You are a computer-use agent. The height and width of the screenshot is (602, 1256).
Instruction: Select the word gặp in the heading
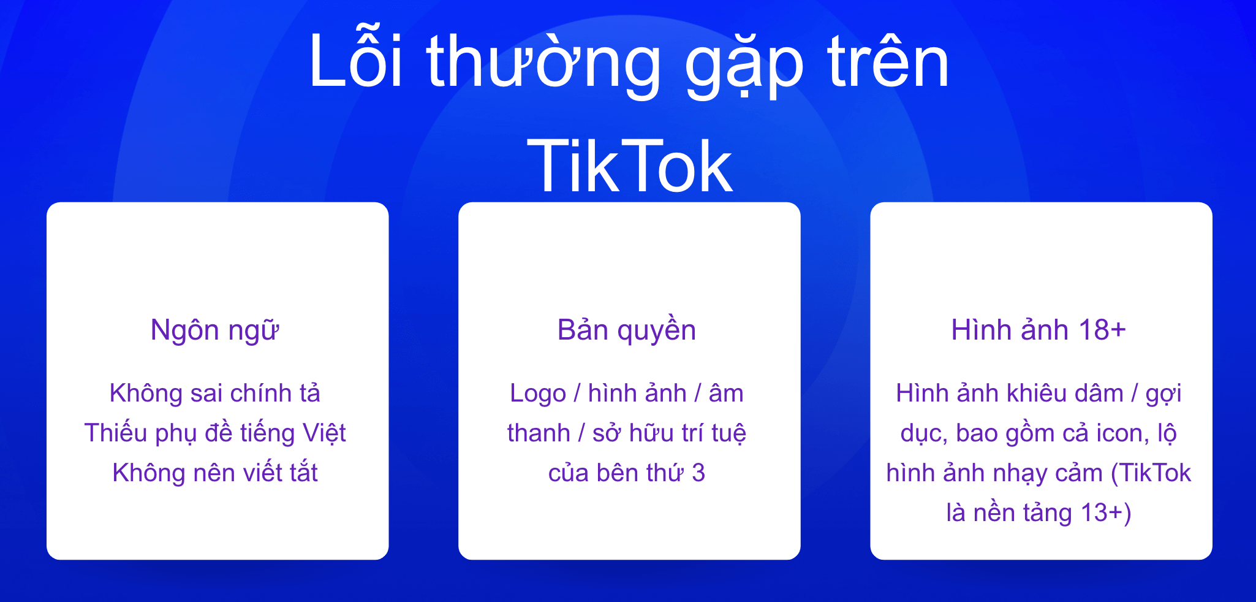(x=743, y=64)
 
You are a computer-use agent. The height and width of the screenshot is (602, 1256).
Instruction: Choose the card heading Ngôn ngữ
(x=215, y=330)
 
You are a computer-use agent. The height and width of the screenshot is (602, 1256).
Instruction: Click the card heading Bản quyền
(x=627, y=330)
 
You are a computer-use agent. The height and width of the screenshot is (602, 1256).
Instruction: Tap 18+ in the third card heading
(x=1102, y=330)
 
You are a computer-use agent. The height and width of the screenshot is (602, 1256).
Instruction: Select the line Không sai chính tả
(x=215, y=393)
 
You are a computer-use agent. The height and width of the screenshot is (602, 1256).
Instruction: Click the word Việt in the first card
(x=324, y=433)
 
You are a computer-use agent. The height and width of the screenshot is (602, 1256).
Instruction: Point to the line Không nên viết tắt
(x=215, y=473)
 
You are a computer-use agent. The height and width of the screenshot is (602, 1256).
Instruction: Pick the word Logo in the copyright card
(x=538, y=394)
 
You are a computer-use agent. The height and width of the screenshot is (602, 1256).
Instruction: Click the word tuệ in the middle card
(x=729, y=433)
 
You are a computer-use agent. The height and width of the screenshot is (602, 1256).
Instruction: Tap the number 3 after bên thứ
(x=698, y=473)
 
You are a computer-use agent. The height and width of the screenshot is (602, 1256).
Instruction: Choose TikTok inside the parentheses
(x=1156, y=473)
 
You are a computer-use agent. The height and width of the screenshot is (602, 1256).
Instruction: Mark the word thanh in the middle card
(x=539, y=433)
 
